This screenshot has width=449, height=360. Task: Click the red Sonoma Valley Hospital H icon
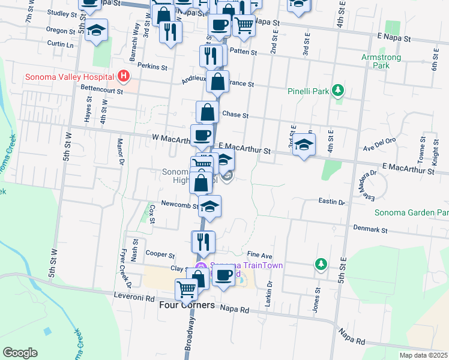coord(124,76)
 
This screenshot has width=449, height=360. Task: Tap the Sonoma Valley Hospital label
coord(70,77)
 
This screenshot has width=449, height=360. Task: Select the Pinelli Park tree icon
coord(339,91)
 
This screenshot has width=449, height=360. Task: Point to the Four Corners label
coord(187,305)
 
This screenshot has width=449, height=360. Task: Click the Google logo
coord(20,353)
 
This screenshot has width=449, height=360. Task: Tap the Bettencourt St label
coord(101,91)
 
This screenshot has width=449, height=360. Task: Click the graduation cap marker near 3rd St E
coord(304,145)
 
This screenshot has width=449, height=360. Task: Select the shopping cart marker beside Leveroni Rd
coord(187,289)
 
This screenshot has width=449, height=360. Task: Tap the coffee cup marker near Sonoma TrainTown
coord(224,276)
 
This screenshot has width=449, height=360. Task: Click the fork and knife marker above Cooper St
coord(203,241)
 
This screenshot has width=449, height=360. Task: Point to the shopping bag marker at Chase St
coord(207,112)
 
